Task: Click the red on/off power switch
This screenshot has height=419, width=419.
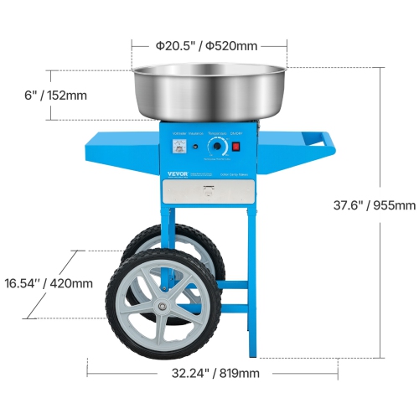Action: point(235,147)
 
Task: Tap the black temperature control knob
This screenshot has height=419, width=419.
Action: point(217,147)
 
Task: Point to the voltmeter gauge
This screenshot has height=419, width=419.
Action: point(178,147)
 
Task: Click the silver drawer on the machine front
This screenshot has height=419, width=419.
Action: point(207,192)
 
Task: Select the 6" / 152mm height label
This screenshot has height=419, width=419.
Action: point(54,95)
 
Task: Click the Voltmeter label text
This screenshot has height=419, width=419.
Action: point(178,132)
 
